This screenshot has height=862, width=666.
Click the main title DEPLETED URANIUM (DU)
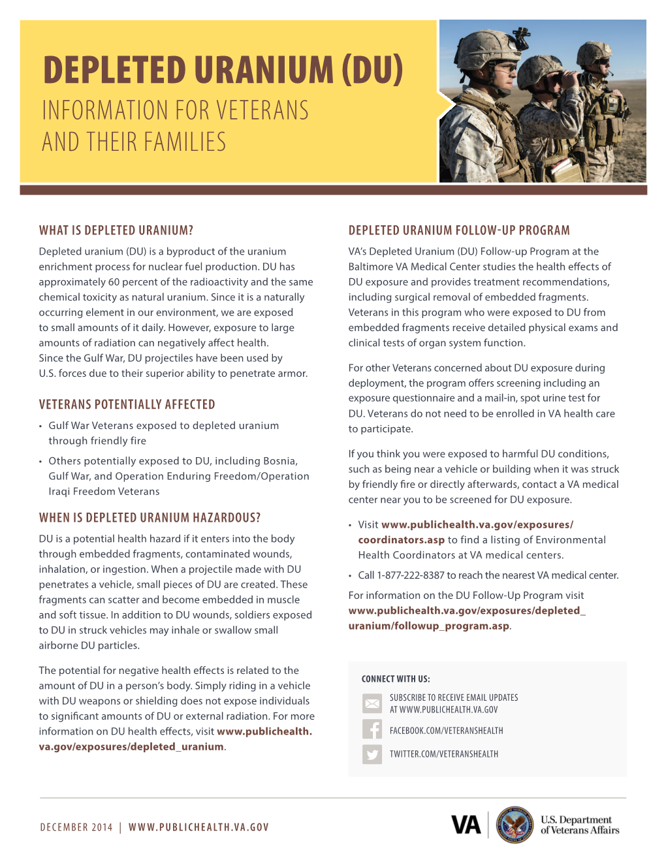[x=223, y=71]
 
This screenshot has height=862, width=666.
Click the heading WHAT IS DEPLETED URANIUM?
[x=116, y=231]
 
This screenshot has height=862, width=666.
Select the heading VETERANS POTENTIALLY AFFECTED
[x=127, y=405]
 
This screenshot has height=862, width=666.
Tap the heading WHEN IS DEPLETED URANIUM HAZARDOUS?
[x=150, y=518]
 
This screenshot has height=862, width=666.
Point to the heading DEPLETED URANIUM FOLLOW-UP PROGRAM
[x=459, y=231]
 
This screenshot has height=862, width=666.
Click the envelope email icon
[x=372, y=703]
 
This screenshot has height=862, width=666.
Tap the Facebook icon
[x=372, y=729]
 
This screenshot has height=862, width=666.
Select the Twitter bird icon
[x=372, y=754]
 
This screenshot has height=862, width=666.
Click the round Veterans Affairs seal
[x=515, y=825]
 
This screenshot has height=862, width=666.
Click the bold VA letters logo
[x=466, y=825]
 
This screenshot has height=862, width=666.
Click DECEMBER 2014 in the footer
[x=76, y=827]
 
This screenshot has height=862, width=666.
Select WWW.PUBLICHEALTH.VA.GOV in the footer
[x=198, y=827]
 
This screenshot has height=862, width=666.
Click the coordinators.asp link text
[x=401, y=540]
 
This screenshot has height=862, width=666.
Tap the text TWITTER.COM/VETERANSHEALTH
[x=444, y=754]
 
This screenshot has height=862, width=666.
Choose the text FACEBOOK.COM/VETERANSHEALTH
[x=447, y=731]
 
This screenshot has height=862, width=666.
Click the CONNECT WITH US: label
[x=396, y=679]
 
